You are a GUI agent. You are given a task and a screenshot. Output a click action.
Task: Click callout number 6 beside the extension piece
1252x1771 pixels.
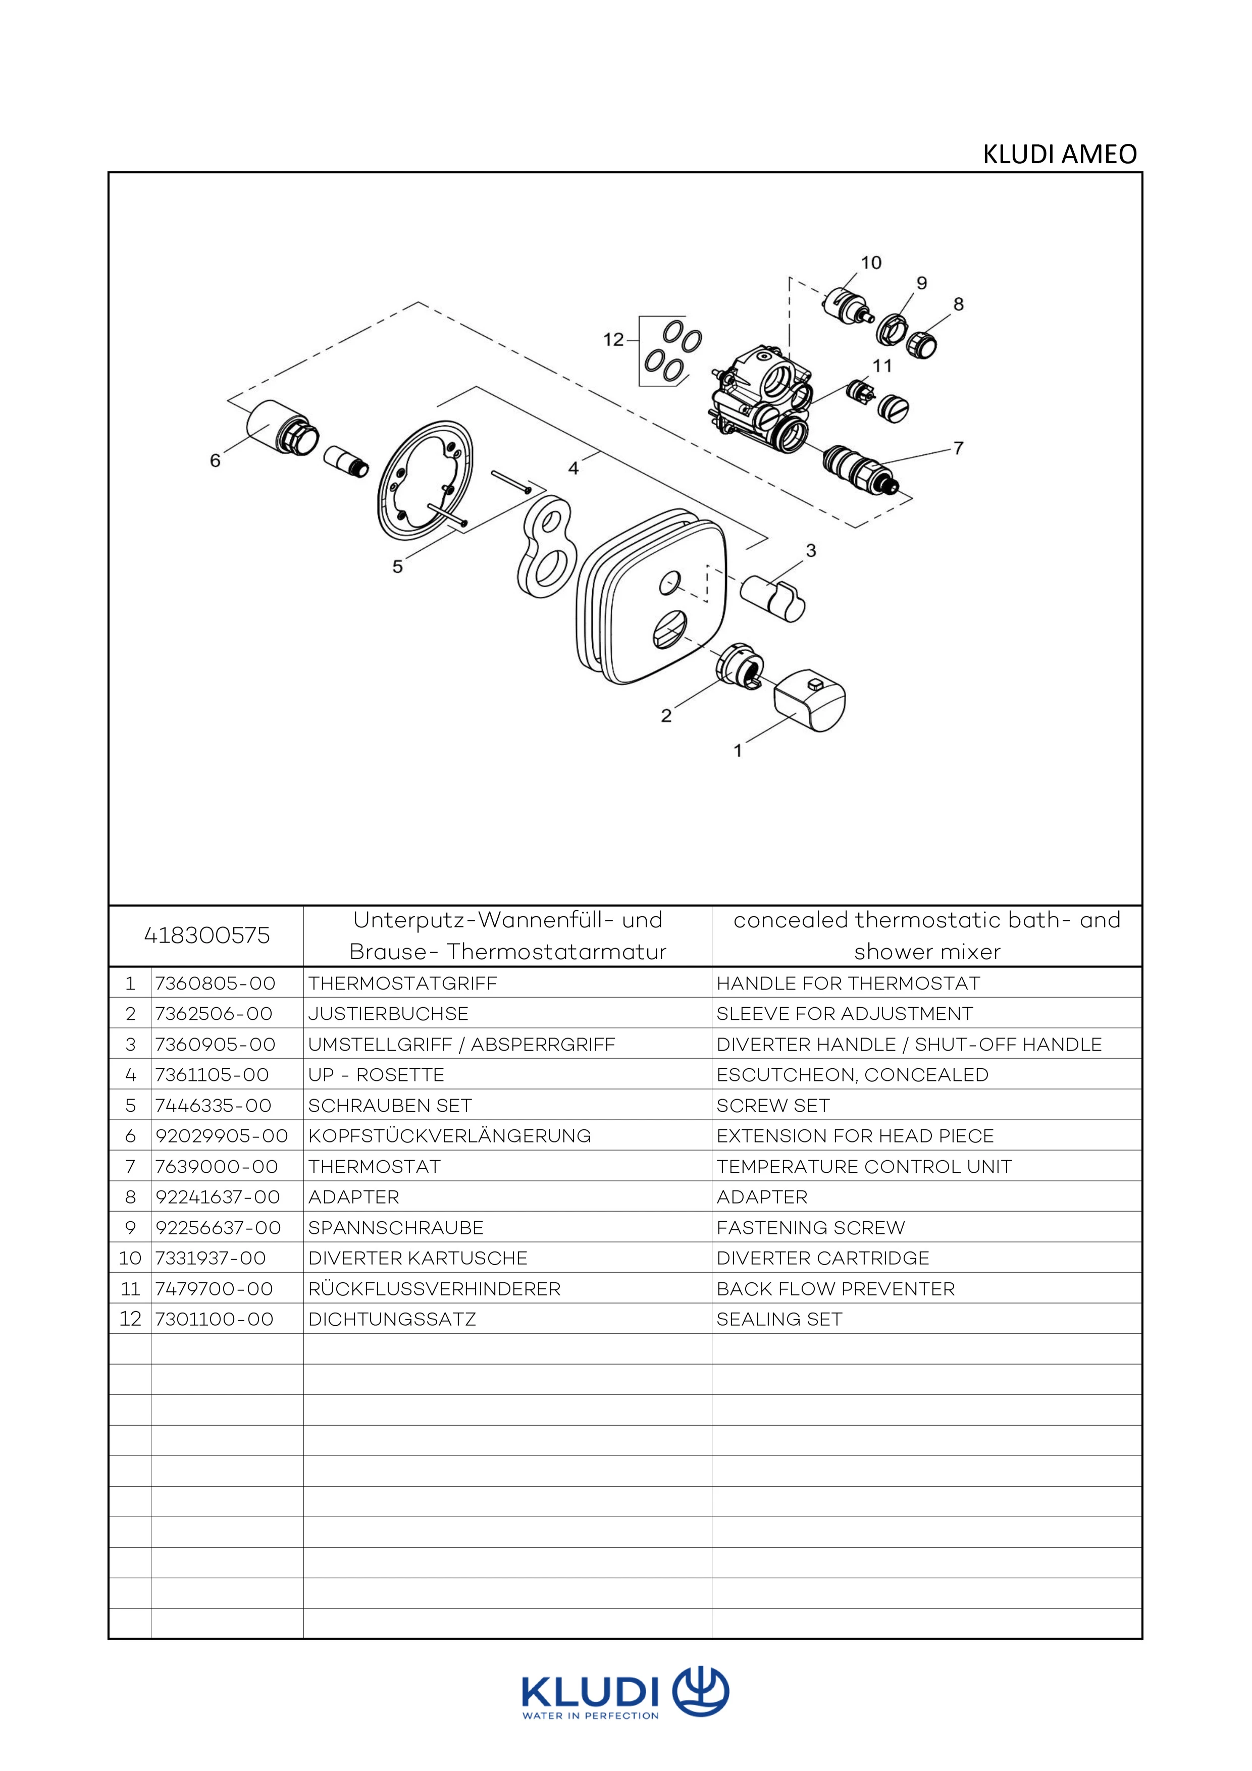pos(215,460)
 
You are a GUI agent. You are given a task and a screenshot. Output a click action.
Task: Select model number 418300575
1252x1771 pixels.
pos(207,935)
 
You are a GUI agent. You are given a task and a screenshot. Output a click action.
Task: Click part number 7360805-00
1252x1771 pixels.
pos(215,983)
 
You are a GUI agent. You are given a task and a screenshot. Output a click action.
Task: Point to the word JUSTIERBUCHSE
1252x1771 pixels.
pos(388,1014)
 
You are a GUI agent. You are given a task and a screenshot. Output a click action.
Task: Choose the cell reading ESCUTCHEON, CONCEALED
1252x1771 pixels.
pos(852,1074)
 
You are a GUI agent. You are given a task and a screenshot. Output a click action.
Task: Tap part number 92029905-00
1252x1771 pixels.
pos(222,1135)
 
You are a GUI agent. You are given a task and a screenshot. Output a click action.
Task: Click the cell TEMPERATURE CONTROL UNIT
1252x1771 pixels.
pos(863,1166)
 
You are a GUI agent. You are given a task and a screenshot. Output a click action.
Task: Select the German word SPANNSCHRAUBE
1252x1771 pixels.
pos(396,1227)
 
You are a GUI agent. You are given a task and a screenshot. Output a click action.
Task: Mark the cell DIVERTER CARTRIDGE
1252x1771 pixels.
pos(822,1258)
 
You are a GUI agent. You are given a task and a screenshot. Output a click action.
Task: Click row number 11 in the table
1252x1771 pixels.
pos(130,1289)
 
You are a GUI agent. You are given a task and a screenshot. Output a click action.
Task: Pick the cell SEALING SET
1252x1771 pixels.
pos(779,1319)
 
